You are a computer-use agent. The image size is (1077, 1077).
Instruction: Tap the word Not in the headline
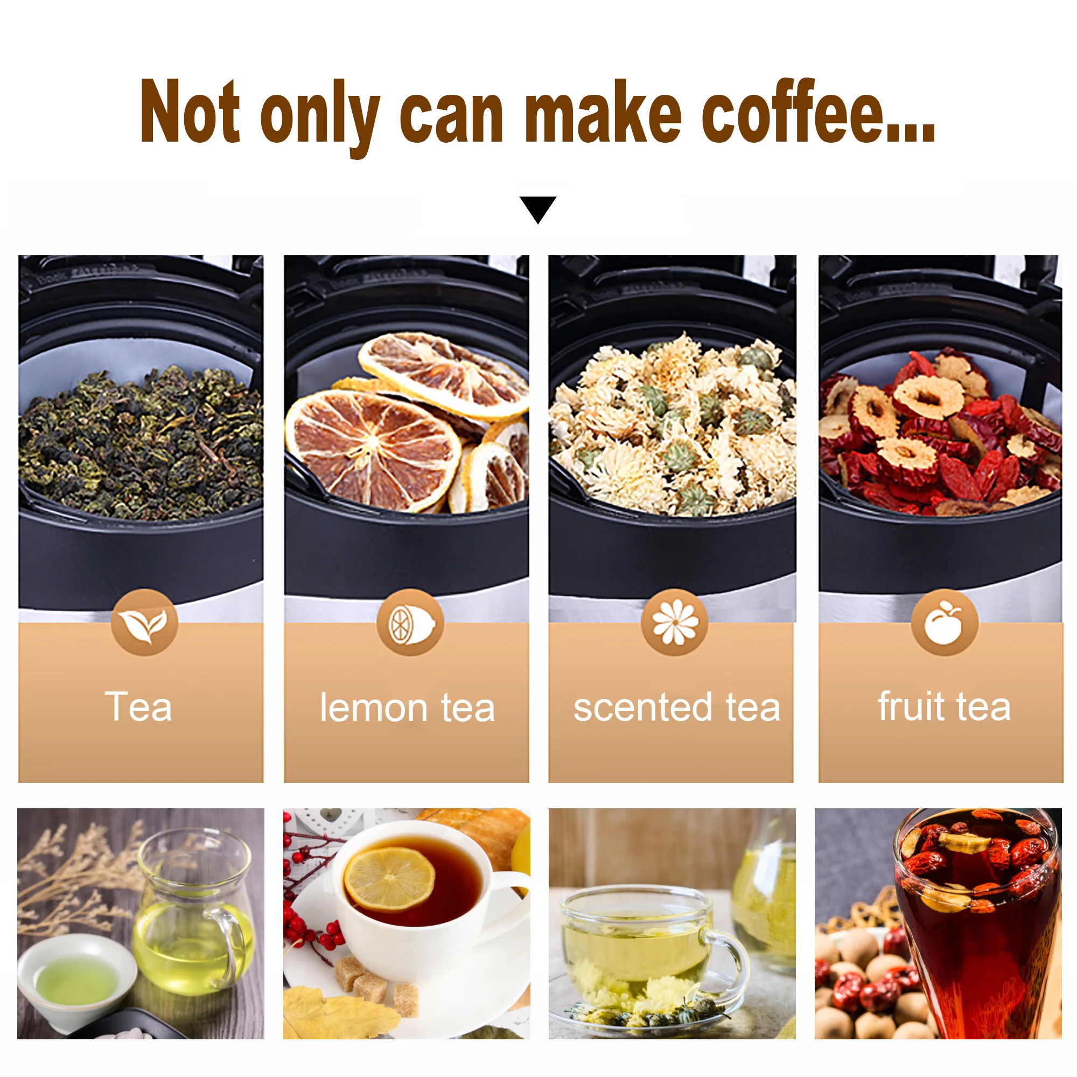click(190, 111)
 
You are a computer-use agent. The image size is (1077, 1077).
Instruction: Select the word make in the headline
click(603, 111)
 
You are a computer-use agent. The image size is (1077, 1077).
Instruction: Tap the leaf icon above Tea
click(144, 622)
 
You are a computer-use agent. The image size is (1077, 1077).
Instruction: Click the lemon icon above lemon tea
click(410, 622)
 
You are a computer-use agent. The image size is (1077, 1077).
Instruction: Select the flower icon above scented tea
click(675, 622)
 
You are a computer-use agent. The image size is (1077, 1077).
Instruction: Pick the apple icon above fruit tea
click(945, 622)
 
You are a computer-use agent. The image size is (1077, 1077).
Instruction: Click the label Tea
click(138, 707)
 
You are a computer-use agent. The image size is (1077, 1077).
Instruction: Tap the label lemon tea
click(407, 708)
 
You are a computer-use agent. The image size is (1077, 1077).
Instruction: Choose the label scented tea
click(677, 707)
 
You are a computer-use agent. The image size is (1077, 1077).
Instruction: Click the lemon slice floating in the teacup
click(389, 879)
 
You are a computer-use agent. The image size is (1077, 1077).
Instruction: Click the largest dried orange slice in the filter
click(374, 450)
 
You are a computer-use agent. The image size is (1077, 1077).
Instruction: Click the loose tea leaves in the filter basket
click(141, 443)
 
